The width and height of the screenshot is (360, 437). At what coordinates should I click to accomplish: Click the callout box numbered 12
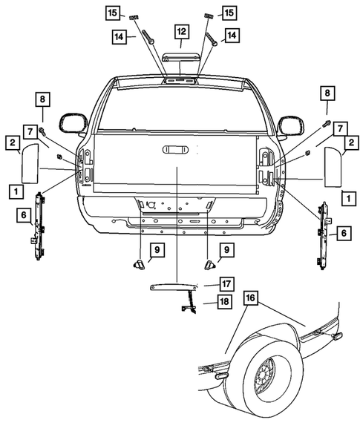(x=181, y=31)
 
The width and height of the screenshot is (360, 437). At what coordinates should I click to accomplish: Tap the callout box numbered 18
(x=223, y=300)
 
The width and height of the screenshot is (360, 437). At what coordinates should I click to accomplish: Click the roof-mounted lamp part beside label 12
(x=181, y=59)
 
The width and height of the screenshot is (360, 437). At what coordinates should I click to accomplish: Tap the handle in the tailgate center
(x=177, y=151)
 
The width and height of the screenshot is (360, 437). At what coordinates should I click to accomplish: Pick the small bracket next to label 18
(x=189, y=303)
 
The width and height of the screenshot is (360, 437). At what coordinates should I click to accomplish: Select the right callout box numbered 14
(x=232, y=35)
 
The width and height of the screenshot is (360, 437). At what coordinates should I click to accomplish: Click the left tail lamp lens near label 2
(x=31, y=162)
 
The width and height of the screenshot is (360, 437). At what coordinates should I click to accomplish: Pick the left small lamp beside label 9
(x=138, y=263)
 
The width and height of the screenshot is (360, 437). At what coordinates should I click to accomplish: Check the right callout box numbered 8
(x=325, y=93)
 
